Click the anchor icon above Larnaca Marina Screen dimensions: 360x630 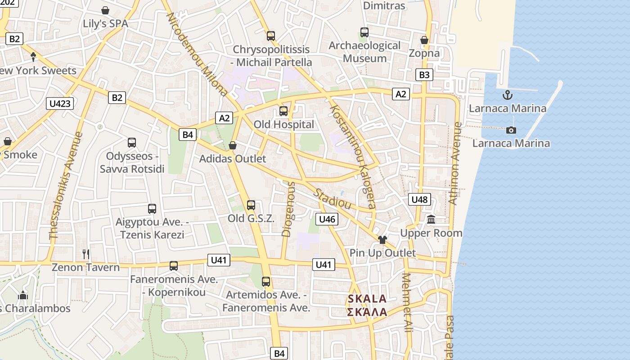(x=508, y=95)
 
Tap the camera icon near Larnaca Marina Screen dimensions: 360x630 (x=511, y=130)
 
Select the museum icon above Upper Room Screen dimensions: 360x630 (x=431, y=220)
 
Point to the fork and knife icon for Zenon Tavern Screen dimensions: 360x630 (x=86, y=254)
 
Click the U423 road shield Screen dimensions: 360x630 (x=60, y=104)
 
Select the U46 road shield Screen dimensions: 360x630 (x=327, y=219)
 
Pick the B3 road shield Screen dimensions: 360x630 (x=424, y=75)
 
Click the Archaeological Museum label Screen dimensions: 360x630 (x=364, y=52)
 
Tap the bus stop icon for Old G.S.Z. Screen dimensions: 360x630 (x=251, y=205)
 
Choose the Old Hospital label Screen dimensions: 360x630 (x=284, y=125)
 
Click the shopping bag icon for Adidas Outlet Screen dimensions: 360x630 (x=233, y=145)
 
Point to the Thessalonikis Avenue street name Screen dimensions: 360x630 (x=67, y=185)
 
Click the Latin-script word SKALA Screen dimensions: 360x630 (x=367, y=299)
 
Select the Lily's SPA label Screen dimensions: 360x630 (x=105, y=23)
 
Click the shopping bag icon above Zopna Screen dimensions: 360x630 (x=424, y=40)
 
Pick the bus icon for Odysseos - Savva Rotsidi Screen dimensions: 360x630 (x=132, y=143)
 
